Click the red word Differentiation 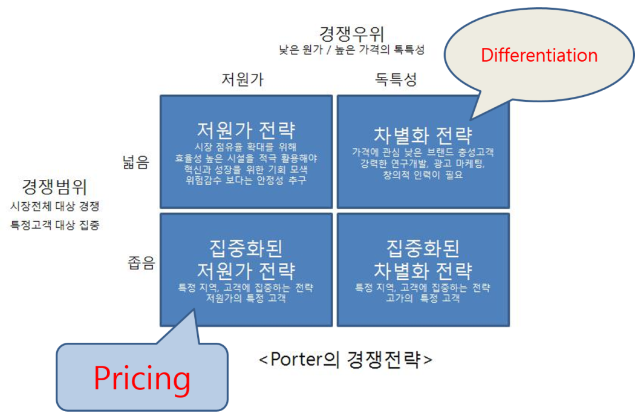[x=539, y=55]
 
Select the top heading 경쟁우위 [x=351, y=34]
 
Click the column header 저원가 [x=243, y=79]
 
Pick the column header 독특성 [x=396, y=79]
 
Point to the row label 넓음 [x=136, y=162]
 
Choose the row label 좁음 [x=142, y=263]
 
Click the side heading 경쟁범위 [x=54, y=187]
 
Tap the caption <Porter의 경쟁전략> [x=345, y=359]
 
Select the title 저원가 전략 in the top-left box [x=246, y=130]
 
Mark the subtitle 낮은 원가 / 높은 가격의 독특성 [x=351, y=50]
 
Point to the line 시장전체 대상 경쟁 [x=54, y=206]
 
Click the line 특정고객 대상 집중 [x=54, y=225]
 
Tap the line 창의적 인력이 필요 [x=423, y=175]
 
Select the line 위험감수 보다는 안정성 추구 [x=246, y=180]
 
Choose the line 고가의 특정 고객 [x=423, y=299]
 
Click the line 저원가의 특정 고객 [x=246, y=299]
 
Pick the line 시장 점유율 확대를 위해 [x=246, y=147]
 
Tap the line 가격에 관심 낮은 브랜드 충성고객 [x=423, y=153]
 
